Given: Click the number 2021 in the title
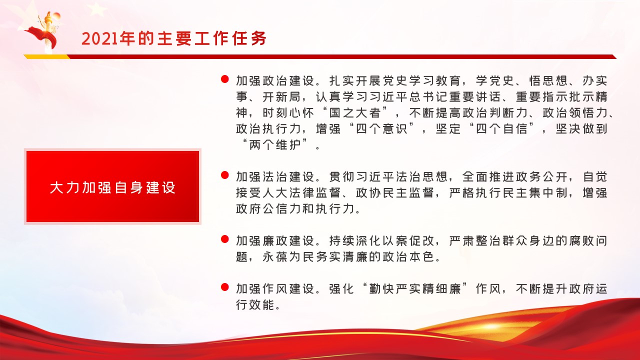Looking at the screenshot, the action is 99,38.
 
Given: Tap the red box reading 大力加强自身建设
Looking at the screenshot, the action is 113,186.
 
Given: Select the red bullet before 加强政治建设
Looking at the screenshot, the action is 225,79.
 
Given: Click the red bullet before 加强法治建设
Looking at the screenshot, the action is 225,175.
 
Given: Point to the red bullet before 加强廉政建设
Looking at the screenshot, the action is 225,239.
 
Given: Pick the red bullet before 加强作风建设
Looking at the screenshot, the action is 225,287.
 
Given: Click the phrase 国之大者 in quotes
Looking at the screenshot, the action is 355,113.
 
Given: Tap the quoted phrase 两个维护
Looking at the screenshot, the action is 275,145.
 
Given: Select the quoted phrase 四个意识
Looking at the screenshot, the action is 381,129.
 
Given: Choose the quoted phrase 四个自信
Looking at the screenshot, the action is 501,129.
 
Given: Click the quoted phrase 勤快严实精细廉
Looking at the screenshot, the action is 415,289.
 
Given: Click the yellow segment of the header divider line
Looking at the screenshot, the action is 47,56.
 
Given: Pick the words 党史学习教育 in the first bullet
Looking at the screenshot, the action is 421,81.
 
